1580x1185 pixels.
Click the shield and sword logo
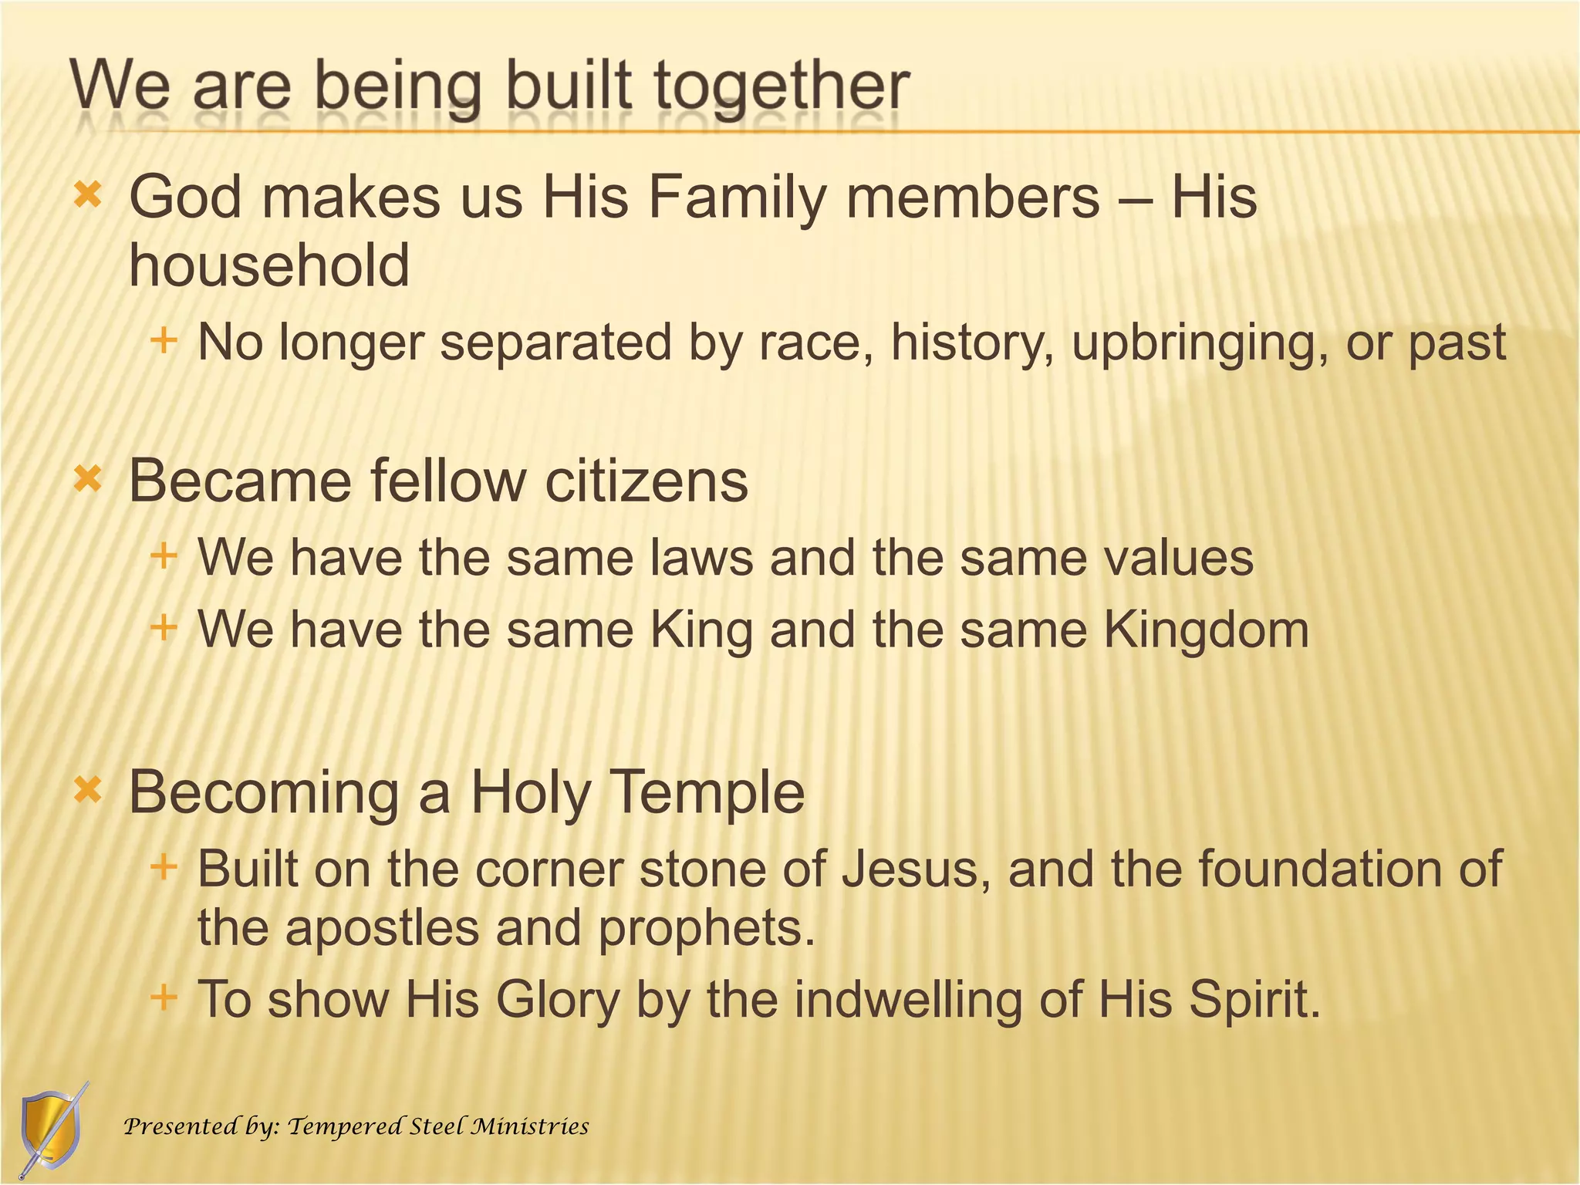[51, 1129]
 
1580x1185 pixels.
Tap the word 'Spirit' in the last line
[1254, 999]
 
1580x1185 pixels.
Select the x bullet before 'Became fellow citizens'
[88, 481]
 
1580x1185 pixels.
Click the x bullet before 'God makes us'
[88, 196]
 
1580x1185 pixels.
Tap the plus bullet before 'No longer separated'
[164, 340]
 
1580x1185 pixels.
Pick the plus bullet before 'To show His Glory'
[164, 997]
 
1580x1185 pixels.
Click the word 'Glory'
[558, 1001]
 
